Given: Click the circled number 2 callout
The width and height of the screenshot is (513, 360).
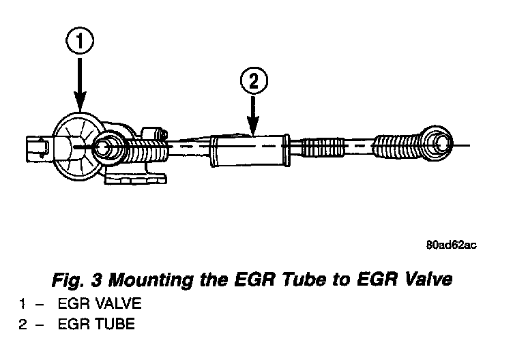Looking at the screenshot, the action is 253,82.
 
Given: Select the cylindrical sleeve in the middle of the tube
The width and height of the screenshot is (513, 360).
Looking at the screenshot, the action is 249,151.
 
